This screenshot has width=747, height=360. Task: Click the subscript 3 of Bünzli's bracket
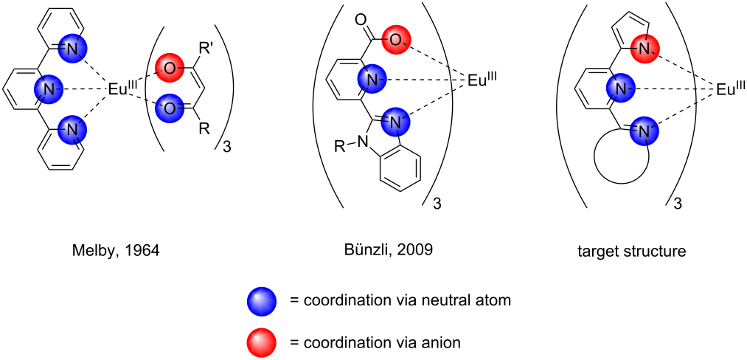(436, 204)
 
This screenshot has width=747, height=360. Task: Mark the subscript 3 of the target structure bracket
(677, 204)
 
